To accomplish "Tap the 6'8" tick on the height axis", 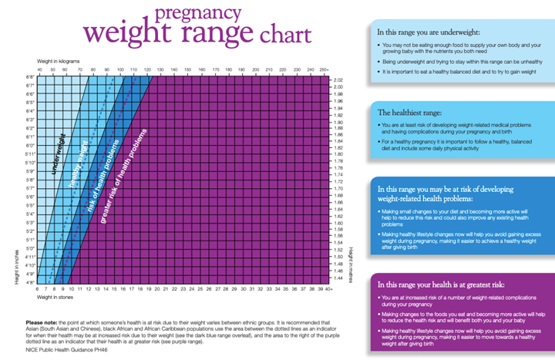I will [x=31, y=78].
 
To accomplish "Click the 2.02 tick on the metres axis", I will [x=338, y=79].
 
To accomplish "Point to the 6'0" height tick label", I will [x=31, y=145].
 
